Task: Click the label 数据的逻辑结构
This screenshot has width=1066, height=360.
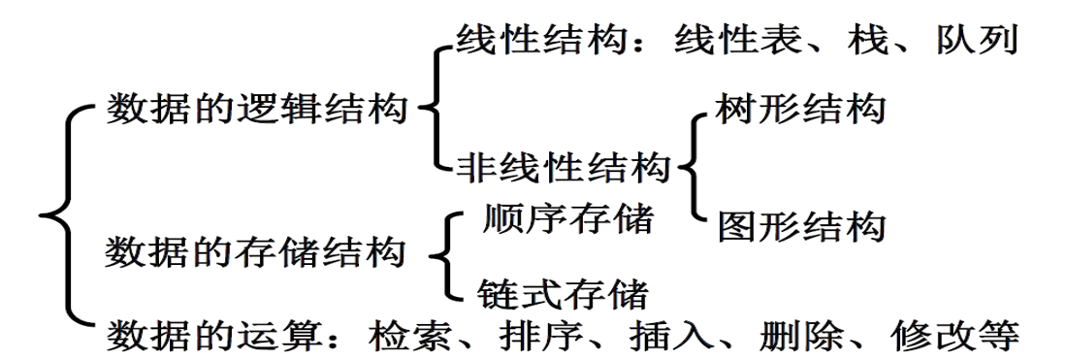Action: coord(254,108)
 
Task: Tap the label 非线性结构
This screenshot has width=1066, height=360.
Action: coord(563,167)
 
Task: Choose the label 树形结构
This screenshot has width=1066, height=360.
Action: coord(800,109)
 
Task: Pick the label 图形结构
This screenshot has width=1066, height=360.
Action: coord(801,227)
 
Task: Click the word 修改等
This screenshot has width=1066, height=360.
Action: coord(952,335)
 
